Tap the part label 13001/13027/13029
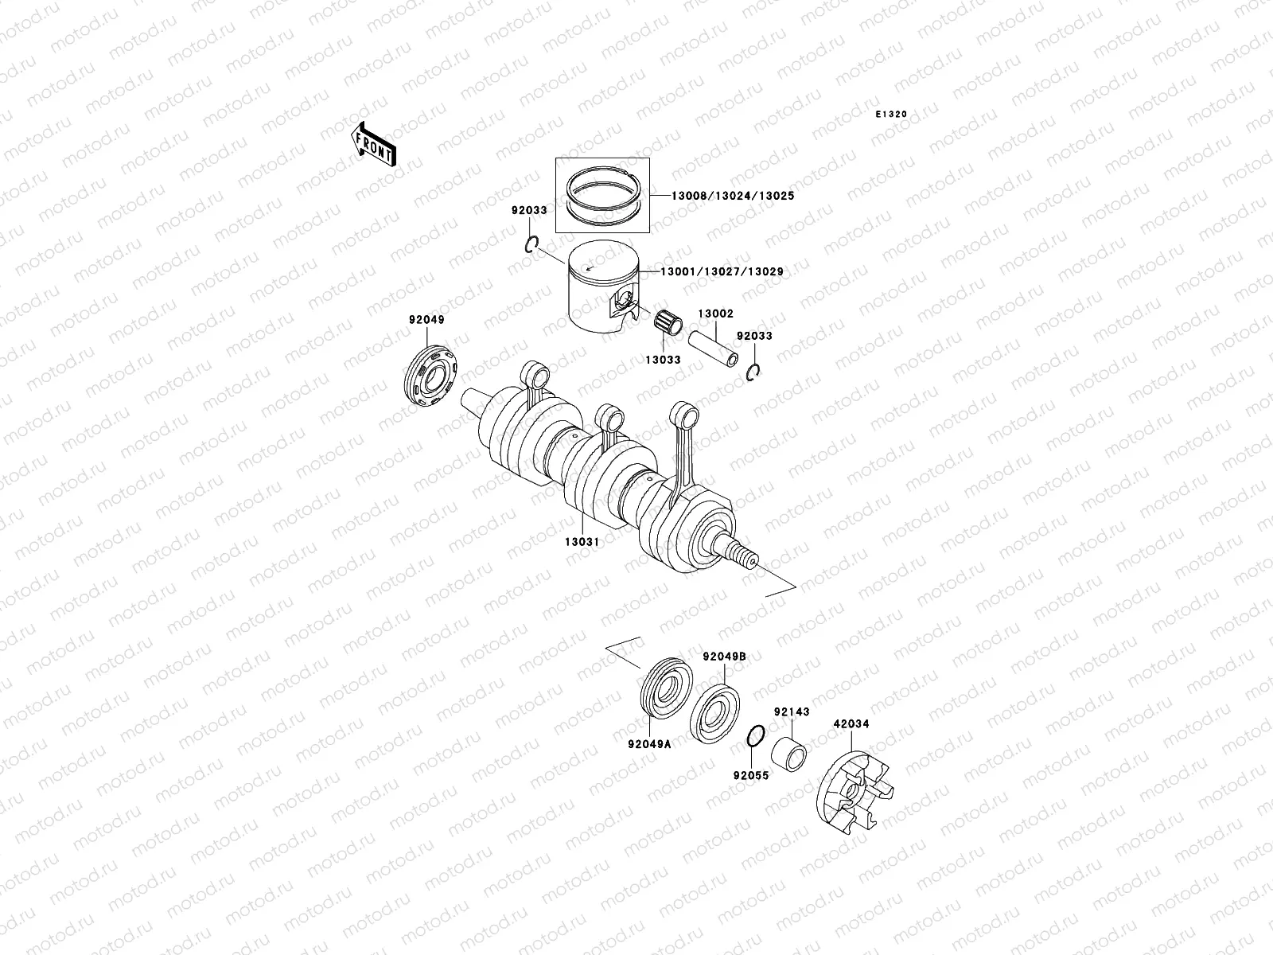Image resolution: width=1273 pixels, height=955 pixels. pos(721,271)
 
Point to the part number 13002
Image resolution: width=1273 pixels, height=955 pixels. pos(716,314)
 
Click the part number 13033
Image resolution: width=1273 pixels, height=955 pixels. pos(663,360)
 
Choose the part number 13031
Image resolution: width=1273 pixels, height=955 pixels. pos(582,541)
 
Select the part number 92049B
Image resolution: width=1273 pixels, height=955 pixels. pos(724,657)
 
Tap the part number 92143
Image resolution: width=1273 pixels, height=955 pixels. pos(791,712)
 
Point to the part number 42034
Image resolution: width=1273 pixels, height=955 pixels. pos(851,724)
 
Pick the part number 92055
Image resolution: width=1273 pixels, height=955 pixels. pos(751,774)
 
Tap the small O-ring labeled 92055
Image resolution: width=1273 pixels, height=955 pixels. pos(757,738)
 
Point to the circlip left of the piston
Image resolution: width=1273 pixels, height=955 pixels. pos(534,244)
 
